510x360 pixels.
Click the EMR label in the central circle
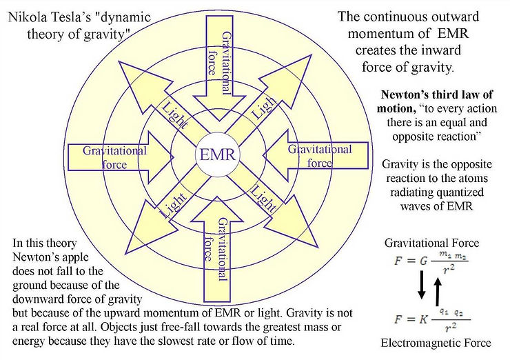217,154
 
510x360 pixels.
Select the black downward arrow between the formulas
422,285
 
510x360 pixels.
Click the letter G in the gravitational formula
423,261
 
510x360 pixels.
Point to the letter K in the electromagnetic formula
423,319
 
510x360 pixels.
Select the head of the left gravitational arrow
174,157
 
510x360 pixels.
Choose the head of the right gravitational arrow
263,155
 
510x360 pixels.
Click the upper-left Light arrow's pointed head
119,61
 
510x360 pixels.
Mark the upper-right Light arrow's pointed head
312,55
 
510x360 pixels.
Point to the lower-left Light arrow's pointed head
125,254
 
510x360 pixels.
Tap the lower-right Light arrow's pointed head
318,248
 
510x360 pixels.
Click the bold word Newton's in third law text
403,94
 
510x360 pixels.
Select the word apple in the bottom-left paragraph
75,257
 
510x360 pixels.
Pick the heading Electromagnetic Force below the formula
436,343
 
